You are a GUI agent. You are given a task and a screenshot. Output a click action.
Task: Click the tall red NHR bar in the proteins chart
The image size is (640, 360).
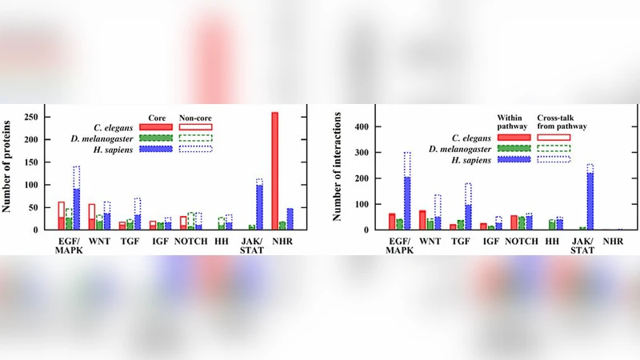(x=275, y=170)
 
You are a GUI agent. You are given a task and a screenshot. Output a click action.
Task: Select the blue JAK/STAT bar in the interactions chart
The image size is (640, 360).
(x=590, y=201)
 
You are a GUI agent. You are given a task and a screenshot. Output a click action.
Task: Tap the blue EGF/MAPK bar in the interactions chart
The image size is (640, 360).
(x=408, y=203)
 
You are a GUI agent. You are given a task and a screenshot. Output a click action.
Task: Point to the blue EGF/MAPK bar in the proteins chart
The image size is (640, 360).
(x=77, y=209)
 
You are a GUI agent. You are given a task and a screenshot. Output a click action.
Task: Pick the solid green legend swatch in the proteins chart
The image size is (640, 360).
(x=155, y=137)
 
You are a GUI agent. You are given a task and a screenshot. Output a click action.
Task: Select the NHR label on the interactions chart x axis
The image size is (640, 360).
(x=614, y=239)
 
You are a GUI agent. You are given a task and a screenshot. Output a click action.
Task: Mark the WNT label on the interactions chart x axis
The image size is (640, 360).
(x=432, y=239)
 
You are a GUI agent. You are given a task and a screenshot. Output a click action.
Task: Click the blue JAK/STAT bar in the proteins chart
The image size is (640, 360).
(x=259, y=207)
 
